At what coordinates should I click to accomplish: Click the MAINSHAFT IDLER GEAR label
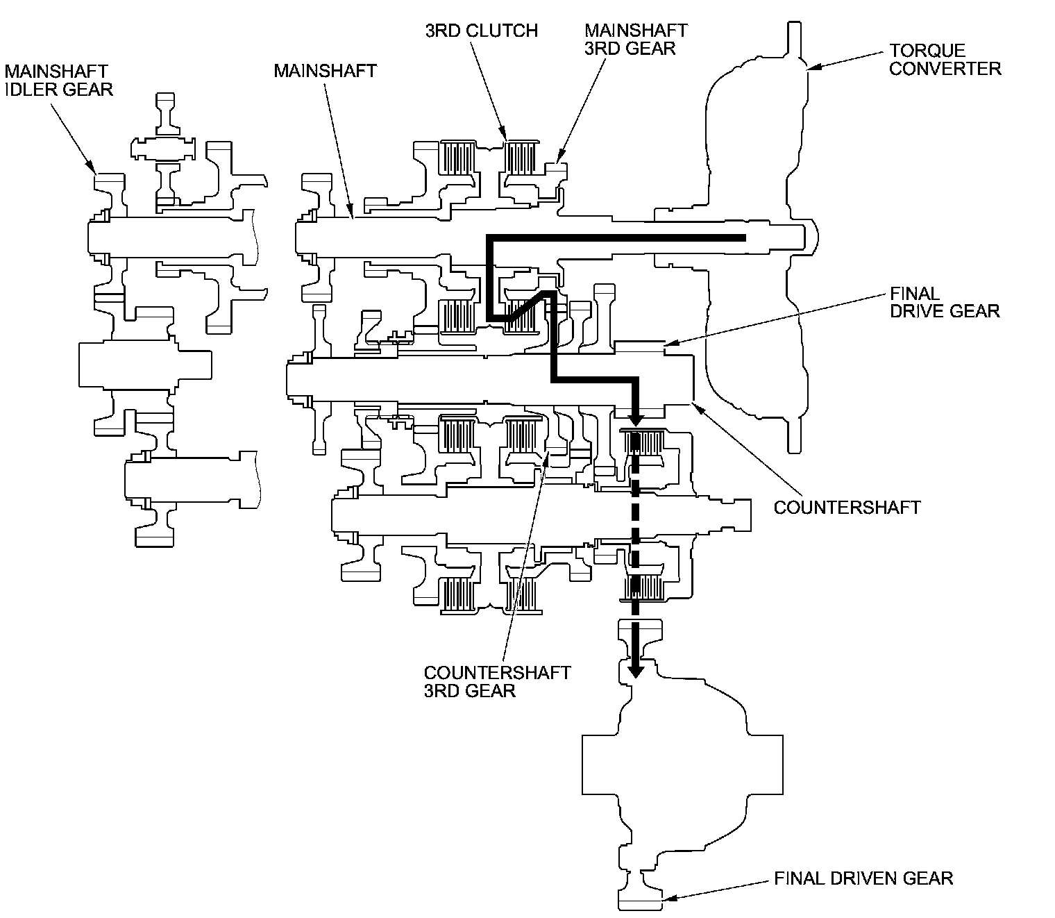click(59, 80)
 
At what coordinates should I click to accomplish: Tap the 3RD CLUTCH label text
click(482, 31)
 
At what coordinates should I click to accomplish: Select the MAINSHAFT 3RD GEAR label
click(636, 40)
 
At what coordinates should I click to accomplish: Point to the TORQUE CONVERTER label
click(945, 60)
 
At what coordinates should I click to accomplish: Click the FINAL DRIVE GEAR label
click(945, 302)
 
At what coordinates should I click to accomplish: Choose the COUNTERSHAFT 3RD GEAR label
click(497, 681)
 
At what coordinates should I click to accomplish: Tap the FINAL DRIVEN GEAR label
click(863, 878)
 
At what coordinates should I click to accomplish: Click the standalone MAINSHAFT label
click(325, 70)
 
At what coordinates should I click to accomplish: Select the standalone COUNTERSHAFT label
click(847, 507)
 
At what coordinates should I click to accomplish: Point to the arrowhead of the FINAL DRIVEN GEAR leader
click(665, 900)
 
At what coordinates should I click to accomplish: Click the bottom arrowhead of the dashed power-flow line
click(634, 670)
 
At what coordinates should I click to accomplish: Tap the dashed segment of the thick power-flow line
click(634, 542)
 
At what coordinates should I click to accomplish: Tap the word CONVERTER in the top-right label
click(945, 69)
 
